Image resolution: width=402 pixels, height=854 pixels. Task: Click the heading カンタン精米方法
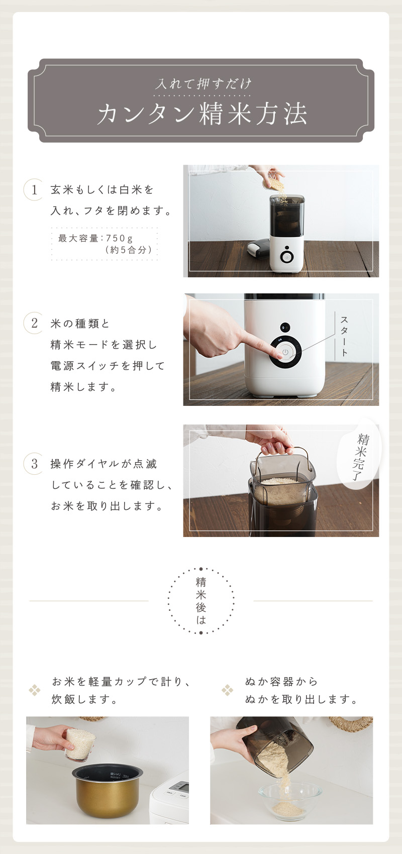202,114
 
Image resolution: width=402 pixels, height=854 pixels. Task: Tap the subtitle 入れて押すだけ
203,83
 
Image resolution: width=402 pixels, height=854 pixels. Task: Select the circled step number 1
34,189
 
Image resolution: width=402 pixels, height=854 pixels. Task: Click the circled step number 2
34,324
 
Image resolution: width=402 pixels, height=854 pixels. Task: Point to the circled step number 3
34,464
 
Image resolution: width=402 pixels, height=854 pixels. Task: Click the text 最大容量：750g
95,238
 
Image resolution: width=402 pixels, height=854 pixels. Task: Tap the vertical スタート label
344,336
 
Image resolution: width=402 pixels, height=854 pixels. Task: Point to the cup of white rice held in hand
80,744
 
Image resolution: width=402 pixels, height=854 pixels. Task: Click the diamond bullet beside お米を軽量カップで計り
34,690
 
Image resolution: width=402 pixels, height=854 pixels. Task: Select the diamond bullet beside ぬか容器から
227,690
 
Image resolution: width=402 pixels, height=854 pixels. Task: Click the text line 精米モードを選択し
104,345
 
